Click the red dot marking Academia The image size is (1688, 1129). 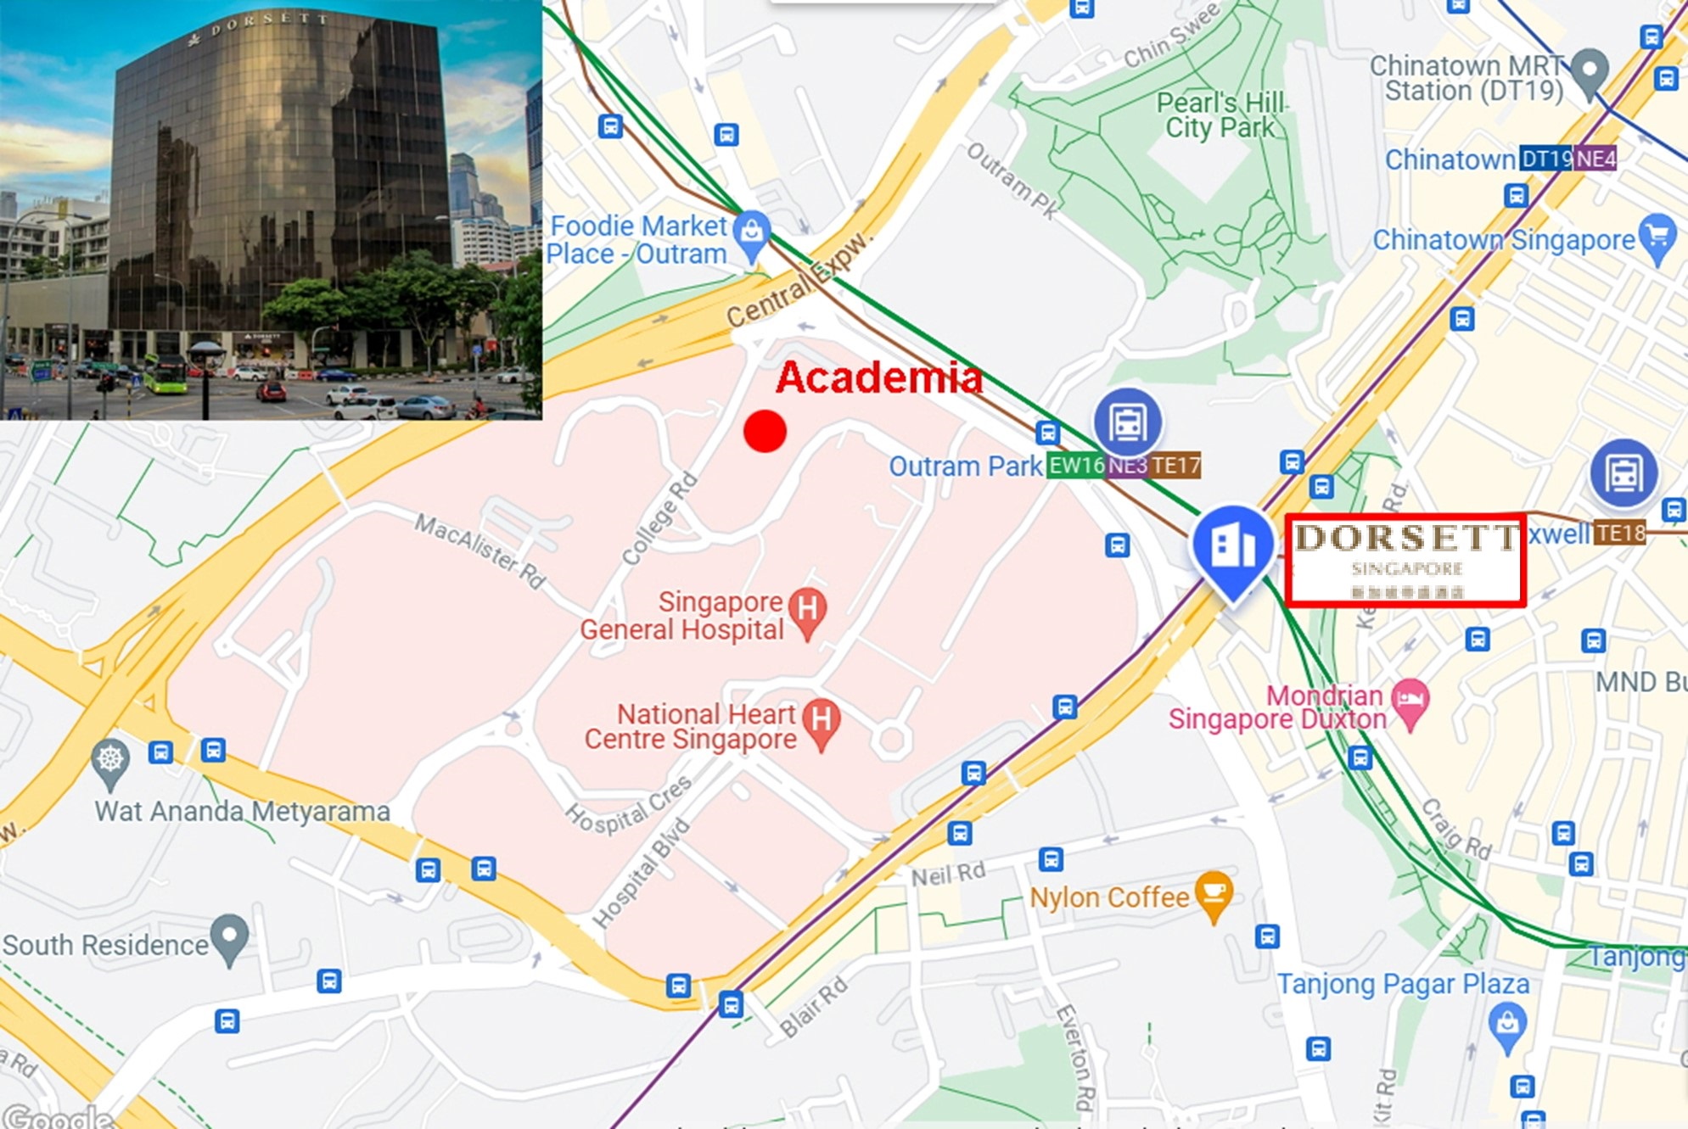765,431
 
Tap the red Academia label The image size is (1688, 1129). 879,377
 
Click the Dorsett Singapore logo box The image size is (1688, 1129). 1405,560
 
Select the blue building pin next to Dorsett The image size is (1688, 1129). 1232,547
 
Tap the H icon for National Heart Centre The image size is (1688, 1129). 822,721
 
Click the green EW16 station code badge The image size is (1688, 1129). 1075,466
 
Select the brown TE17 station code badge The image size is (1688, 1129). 1175,466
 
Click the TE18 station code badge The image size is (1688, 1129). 1619,534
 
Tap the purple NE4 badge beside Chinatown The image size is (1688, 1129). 1595,159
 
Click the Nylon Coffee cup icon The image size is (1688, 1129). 1214,893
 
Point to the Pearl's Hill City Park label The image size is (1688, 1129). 1220,115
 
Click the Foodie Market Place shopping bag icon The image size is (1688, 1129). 751,232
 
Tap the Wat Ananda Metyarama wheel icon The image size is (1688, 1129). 110,759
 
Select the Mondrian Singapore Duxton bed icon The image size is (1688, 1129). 1410,701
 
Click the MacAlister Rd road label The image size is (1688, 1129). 479,551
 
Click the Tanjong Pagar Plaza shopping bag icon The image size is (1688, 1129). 1507,1023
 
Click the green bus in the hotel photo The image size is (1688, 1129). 165,374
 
